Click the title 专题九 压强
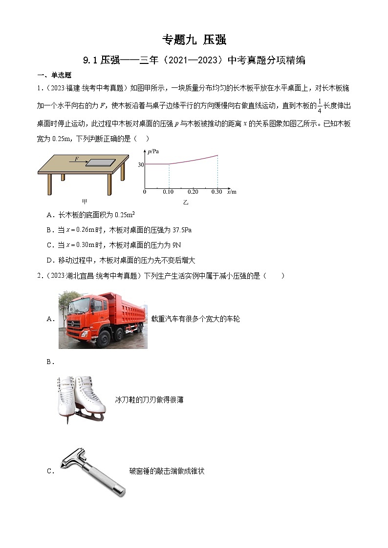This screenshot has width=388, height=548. [194, 40]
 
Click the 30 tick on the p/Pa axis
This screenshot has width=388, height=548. [140, 164]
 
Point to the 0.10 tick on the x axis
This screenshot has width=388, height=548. [168, 192]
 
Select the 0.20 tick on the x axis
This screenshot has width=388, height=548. [193, 192]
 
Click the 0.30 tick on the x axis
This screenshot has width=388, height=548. [216, 192]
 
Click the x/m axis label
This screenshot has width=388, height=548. [232, 192]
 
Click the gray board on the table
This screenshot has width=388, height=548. [101, 162]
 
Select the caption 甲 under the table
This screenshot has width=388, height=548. [85, 201]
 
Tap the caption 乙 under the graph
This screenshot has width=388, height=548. [186, 202]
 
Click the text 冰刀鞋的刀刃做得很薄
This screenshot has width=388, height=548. [149, 400]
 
